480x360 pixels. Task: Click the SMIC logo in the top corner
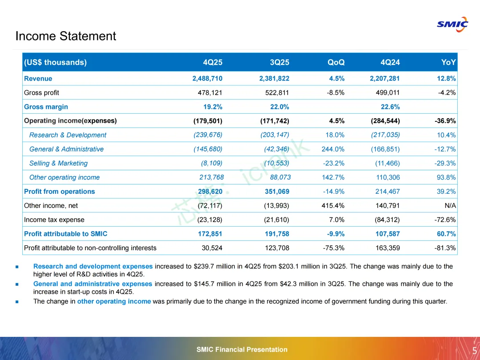(x=452, y=24)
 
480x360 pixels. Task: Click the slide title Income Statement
(x=66, y=36)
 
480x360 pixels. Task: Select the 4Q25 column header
(x=212, y=62)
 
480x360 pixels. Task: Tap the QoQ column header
(x=336, y=62)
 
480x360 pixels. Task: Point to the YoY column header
(x=448, y=62)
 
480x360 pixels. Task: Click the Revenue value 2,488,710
(x=207, y=79)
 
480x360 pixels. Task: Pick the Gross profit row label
(x=41, y=93)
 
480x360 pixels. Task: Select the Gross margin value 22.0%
(x=279, y=107)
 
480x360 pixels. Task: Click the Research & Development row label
(x=68, y=135)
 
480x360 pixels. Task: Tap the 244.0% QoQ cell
(x=333, y=149)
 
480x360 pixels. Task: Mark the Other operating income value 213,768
(x=211, y=177)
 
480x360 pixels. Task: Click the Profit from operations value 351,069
(x=274, y=192)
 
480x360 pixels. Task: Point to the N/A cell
(x=450, y=206)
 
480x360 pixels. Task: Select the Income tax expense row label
(x=54, y=220)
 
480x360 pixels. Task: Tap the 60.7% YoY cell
(x=446, y=234)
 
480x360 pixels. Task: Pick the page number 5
(x=475, y=350)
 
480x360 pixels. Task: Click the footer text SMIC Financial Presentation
(x=242, y=350)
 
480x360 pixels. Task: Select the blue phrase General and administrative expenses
(x=93, y=284)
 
